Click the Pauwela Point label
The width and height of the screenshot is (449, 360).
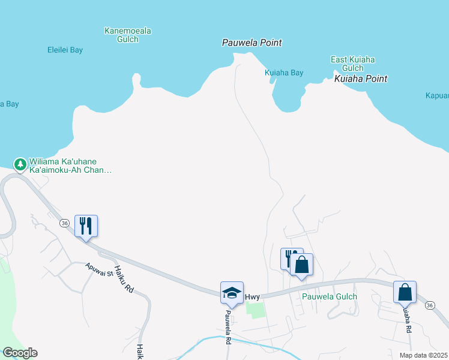click(252, 43)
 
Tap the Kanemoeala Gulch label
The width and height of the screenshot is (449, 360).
click(127, 35)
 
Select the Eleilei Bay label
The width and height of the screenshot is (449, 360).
click(65, 50)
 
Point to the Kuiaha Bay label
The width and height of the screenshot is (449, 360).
click(284, 73)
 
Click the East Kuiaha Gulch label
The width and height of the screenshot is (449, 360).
click(353, 64)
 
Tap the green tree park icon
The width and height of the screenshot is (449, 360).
click(20, 164)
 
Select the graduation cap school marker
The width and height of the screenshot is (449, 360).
click(232, 293)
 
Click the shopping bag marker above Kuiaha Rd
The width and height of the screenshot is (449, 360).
click(405, 292)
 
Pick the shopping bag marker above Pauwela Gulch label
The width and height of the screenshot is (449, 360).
click(302, 265)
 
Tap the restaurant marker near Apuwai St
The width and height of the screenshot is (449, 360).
click(86, 226)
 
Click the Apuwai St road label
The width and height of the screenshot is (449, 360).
click(99, 269)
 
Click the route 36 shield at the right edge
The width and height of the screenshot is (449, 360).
click(429, 305)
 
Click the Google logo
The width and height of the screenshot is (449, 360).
click(20, 353)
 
